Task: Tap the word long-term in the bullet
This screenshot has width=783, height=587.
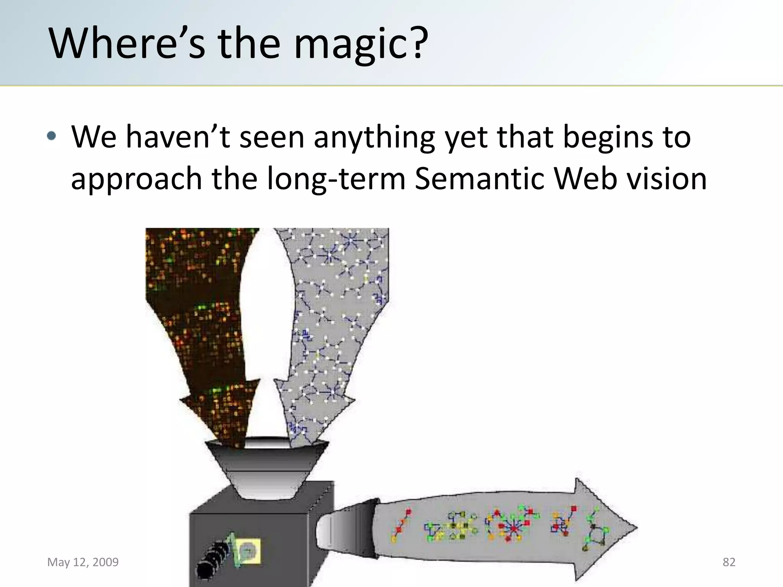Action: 336,178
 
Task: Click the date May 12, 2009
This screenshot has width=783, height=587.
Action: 83,562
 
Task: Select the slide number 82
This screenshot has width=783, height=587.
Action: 729,562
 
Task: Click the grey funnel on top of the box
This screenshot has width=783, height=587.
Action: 266,470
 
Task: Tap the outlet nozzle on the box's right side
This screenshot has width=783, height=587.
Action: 346,529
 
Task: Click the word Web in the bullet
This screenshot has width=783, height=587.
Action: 585,178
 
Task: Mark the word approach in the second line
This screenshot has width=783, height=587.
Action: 136,178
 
